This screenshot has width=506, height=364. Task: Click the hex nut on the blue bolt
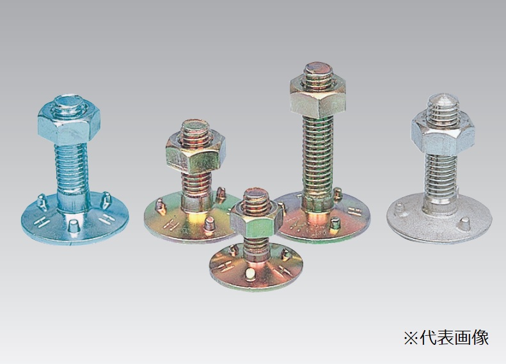(x=68, y=125)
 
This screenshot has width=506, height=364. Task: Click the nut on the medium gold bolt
(x=196, y=154)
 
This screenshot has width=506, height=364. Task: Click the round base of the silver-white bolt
(x=439, y=219)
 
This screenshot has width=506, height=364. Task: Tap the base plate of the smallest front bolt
(x=256, y=267)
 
